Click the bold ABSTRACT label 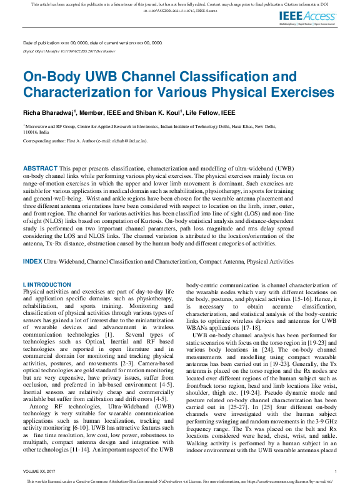(40, 169)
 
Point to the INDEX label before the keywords (32, 260)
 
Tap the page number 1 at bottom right (336, 472)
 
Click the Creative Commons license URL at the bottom (289, 483)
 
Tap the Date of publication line (92, 42)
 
